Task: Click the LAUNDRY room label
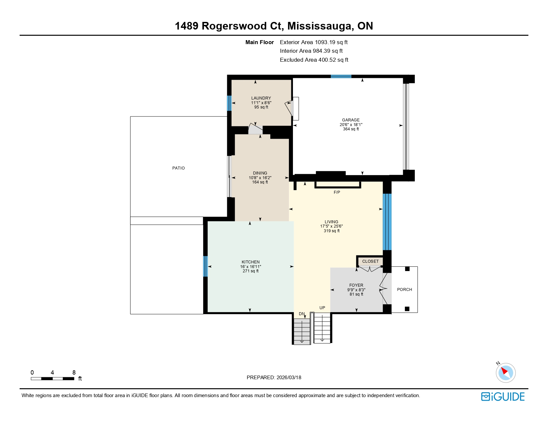point(261,98)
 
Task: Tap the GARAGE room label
point(351,120)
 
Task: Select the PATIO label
point(178,168)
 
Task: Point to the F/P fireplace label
point(337,192)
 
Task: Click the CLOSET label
point(370,261)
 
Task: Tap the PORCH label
point(405,290)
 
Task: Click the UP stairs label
point(322,308)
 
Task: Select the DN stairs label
point(302,314)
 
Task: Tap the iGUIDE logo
point(503,396)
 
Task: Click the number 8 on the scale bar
point(74,373)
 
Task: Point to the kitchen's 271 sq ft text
point(250,271)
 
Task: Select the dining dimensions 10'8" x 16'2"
point(260,178)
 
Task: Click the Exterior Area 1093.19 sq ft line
point(314,42)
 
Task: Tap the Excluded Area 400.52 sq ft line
point(314,60)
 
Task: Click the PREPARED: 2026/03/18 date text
point(274,378)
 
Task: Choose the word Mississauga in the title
point(320,26)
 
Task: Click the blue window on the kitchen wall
point(205,266)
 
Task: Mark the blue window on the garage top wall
point(341,77)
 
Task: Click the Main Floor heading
point(259,42)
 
